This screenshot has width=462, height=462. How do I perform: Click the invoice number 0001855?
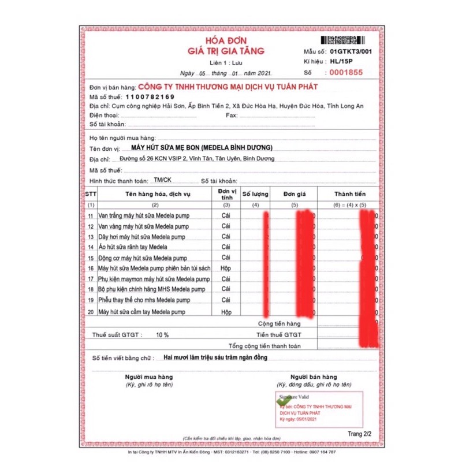click(x=346, y=73)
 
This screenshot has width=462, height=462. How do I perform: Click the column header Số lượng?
click(x=255, y=194)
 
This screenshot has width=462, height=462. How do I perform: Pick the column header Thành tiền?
click(x=349, y=194)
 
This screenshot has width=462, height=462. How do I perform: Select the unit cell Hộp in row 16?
click(x=226, y=268)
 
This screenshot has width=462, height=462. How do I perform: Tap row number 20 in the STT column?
click(x=91, y=312)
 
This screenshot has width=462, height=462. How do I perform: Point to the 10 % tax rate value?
click(x=162, y=335)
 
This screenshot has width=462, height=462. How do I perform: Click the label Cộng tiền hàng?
click(x=280, y=324)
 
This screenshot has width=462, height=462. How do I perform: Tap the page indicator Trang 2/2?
click(x=359, y=433)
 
